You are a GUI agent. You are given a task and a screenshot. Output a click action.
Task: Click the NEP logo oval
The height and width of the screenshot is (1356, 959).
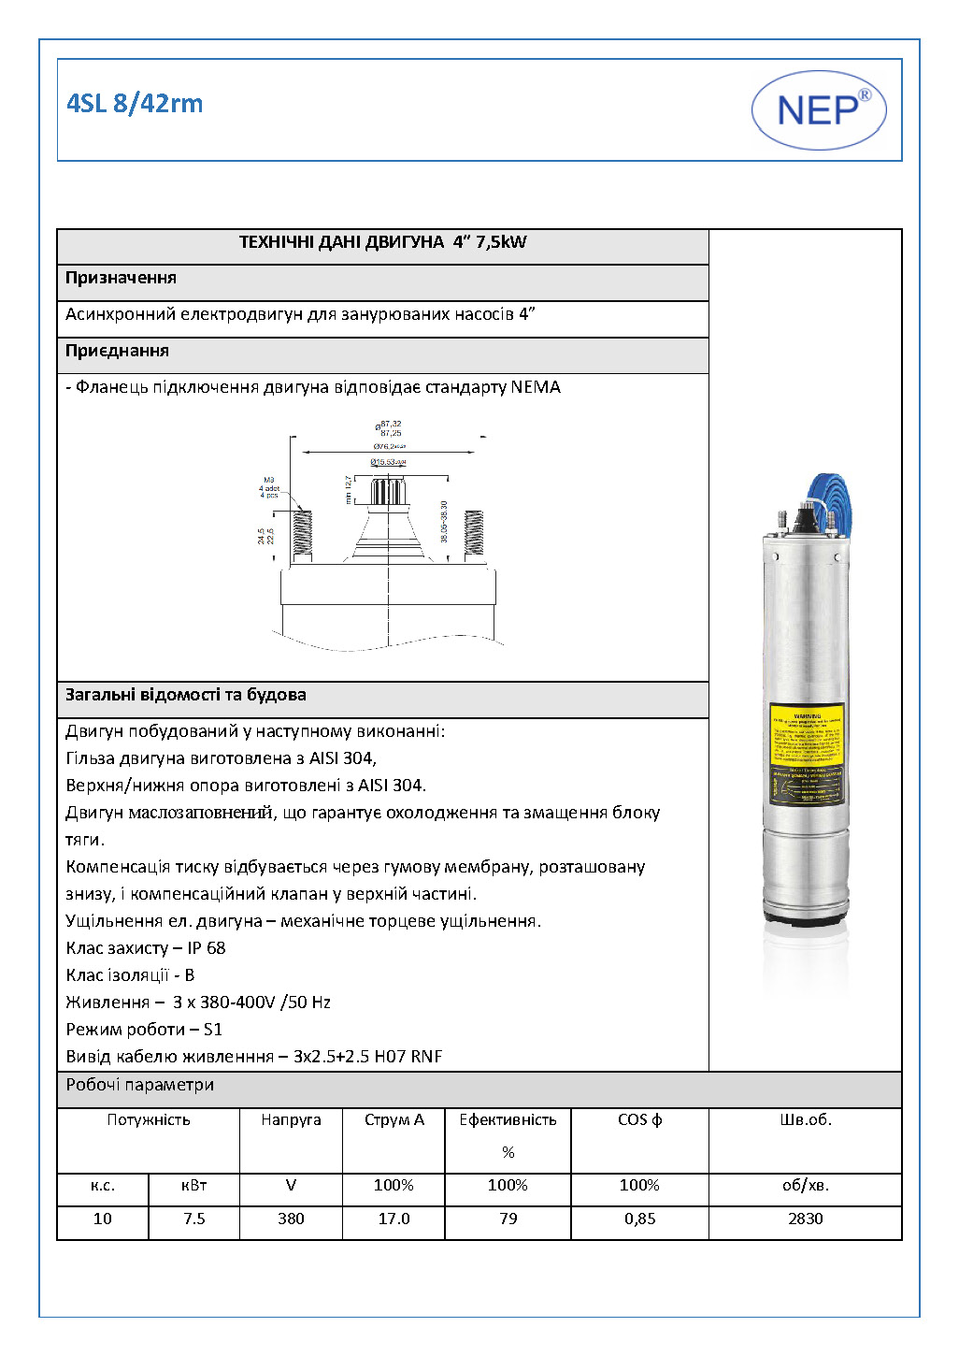click(819, 110)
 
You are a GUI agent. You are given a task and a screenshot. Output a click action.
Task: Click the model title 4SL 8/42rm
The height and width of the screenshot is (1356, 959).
click(135, 103)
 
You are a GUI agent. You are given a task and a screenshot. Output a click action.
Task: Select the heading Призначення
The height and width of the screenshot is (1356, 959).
click(121, 278)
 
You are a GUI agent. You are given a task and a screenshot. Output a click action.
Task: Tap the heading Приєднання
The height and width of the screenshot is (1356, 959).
click(117, 351)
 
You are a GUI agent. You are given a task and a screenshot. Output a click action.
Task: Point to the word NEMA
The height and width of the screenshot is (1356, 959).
click(536, 387)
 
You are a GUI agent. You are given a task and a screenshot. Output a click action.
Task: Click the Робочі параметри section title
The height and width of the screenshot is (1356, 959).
click(139, 1085)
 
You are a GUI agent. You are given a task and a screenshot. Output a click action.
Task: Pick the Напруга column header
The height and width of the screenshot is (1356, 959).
click(291, 1119)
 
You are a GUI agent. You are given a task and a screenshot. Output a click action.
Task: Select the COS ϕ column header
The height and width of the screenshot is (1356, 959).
click(639, 1119)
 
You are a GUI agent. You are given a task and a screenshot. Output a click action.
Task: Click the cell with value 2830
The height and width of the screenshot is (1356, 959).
click(805, 1219)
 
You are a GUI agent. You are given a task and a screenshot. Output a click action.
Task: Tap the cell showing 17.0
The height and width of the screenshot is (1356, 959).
click(394, 1219)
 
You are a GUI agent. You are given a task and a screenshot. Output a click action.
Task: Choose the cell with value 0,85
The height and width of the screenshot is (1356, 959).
click(639, 1219)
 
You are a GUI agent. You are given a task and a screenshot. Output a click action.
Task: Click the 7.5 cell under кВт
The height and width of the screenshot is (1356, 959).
click(193, 1219)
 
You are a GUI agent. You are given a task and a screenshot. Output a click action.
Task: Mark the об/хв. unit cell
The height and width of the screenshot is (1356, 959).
click(805, 1185)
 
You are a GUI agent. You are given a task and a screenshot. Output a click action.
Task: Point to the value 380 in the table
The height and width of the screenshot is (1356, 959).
click(291, 1219)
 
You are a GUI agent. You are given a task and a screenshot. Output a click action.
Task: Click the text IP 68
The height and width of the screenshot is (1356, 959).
click(206, 948)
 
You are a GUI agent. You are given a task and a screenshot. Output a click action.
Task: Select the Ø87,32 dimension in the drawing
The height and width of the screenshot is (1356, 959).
click(389, 425)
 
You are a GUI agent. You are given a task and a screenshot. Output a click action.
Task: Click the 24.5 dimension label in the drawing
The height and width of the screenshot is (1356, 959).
click(261, 537)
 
